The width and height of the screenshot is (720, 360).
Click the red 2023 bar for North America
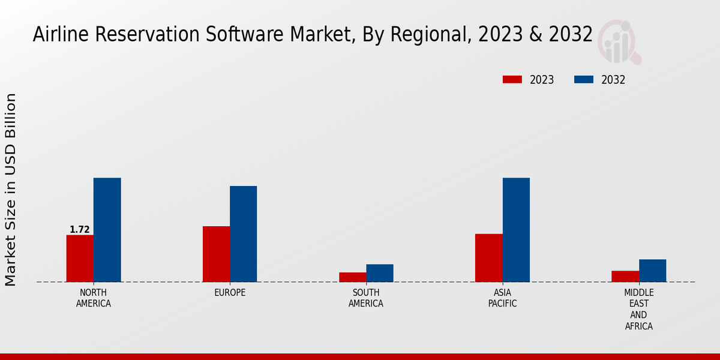pyautogui.click(x=80, y=258)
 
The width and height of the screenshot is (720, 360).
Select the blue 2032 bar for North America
pyautogui.click(x=107, y=230)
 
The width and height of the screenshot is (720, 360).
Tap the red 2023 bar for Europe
pyautogui.click(x=216, y=254)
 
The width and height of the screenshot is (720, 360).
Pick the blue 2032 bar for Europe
pyautogui.click(x=244, y=234)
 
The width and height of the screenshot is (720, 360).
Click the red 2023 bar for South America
pyautogui.click(x=352, y=277)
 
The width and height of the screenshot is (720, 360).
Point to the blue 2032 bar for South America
pyautogui.click(x=380, y=273)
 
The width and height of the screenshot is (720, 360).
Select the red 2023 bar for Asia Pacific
pyautogui.click(x=488, y=257)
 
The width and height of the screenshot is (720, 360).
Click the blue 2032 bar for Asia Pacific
pyautogui.click(x=516, y=230)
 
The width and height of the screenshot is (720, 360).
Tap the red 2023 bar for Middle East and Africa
pyautogui.click(x=625, y=276)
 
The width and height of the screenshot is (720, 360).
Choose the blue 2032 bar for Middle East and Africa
pyautogui.click(x=652, y=271)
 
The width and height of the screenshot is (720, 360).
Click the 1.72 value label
pyautogui.click(x=80, y=230)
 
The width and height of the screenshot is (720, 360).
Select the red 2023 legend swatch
pyautogui.click(x=512, y=80)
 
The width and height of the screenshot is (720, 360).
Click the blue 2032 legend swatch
pyautogui.click(x=584, y=80)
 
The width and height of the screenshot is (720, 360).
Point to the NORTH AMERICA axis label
pyautogui.click(x=94, y=298)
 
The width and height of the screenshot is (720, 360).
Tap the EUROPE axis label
pyautogui.click(x=230, y=293)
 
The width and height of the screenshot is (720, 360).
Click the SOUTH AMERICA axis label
pyautogui.click(x=366, y=298)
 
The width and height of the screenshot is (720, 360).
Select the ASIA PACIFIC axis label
pyautogui.click(x=502, y=298)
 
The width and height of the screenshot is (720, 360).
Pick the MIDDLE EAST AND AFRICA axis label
pyautogui.click(x=638, y=310)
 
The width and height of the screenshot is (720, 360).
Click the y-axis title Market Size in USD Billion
pyautogui.click(x=11, y=190)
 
